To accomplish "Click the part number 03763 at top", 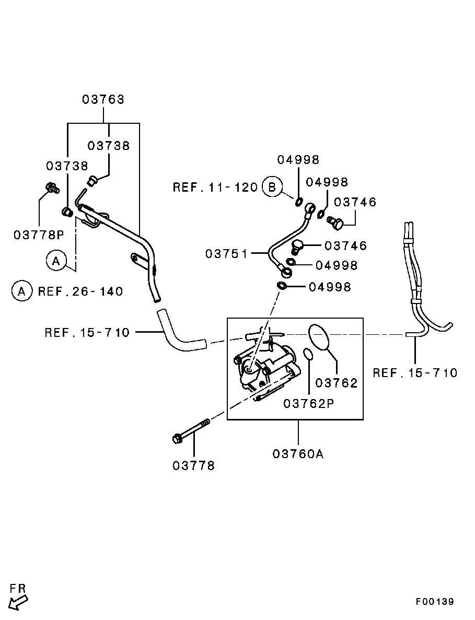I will pyautogui.click(x=103, y=99).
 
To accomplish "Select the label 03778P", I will pyautogui.click(x=38, y=235).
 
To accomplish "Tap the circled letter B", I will pyautogui.click(x=272, y=186).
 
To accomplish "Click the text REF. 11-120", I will pyautogui.click(x=215, y=187).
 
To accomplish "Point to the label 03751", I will pyautogui.click(x=226, y=254).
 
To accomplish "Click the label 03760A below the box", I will pyautogui.click(x=298, y=454).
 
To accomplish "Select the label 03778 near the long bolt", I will pyautogui.click(x=194, y=465).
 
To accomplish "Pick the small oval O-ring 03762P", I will pyautogui.click(x=308, y=355).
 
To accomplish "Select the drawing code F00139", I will pyautogui.click(x=435, y=602).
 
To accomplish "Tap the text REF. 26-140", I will pyautogui.click(x=80, y=291).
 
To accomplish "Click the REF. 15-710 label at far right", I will pyautogui.click(x=415, y=372).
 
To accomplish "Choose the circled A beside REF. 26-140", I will pyautogui.click(x=21, y=291).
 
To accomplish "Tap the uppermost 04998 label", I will pyautogui.click(x=298, y=160).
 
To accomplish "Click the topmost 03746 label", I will pyautogui.click(x=355, y=202).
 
